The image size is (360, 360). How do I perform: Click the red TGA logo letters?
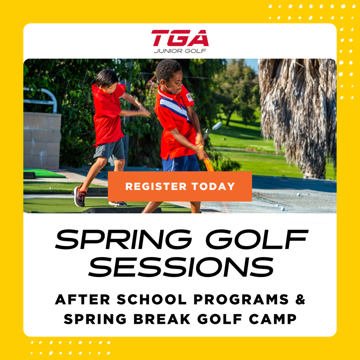click(x=180, y=38)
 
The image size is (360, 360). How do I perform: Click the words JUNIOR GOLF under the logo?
click(x=180, y=51)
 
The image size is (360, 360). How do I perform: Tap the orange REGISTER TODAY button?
click(x=180, y=186)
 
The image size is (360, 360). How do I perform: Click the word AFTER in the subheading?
click(x=82, y=300)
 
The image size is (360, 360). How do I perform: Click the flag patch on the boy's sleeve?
click(x=189, y=97)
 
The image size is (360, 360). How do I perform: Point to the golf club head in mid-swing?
click(x=217, y=126)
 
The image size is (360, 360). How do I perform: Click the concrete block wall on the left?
click(x=41, y=141)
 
